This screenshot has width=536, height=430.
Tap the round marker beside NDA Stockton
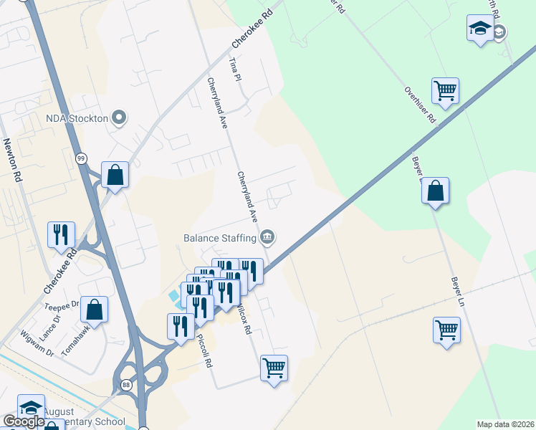point(120,118)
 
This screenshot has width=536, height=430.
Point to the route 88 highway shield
point(126,384)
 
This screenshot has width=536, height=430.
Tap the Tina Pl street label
point(231,70)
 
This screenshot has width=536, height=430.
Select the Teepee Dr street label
point(62,304)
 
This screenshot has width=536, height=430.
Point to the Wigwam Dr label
point(37,343)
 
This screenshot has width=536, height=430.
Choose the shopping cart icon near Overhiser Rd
point(445,91)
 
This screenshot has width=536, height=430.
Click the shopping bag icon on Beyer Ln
point(435,191)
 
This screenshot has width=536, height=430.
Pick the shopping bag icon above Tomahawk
point(94,310)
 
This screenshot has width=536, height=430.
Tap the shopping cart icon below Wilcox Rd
point(274,368)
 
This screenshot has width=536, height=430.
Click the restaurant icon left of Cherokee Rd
point(61,234)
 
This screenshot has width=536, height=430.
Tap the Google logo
point(24,421)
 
